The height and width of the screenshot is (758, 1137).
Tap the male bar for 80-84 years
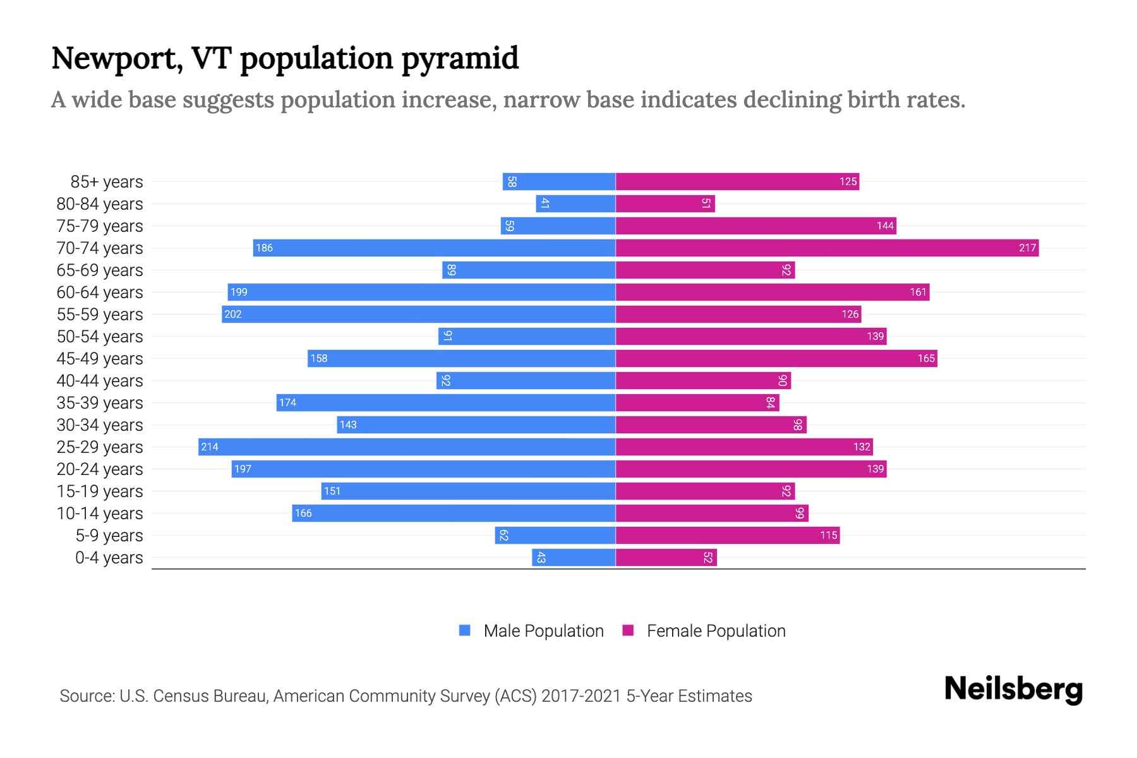point(575,203)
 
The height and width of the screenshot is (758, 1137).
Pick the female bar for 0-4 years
point(666,557)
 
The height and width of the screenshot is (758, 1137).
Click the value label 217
point(1027,248)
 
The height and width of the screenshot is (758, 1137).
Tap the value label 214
point(210,447)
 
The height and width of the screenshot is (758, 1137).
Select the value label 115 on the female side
point(828,535)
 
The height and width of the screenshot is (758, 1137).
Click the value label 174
point(287,402)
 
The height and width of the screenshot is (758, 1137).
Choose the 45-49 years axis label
point(100,358)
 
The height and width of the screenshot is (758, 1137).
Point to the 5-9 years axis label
point(109,535)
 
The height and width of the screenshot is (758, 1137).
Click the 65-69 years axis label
point(100,270)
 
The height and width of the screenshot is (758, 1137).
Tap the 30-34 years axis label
point(100,424)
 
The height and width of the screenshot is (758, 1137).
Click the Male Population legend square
point(465,630)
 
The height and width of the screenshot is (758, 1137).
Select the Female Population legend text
point(716,630)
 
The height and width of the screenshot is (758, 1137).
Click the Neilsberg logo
point(1013,689)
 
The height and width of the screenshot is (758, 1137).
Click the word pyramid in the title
point(460,58)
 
